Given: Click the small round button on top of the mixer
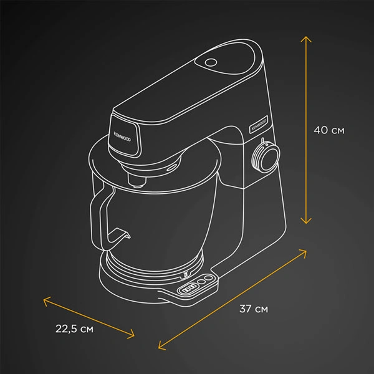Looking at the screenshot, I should tap(209, 63).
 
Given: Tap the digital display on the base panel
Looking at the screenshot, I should tap(188, 289).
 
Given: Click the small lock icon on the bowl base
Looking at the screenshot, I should tap(185, 274).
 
